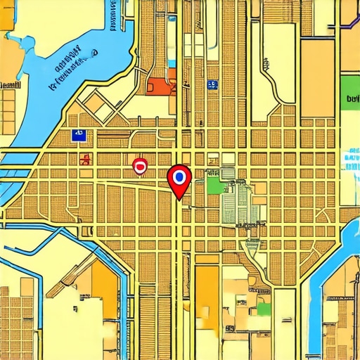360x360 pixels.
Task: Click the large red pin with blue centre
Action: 179,176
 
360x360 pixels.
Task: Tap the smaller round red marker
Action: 140,166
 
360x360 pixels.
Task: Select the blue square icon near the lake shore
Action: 78,135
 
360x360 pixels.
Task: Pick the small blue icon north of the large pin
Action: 212,84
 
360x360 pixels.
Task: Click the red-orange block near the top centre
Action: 160,86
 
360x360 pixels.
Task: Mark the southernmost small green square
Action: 264,309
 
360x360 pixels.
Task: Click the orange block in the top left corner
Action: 7,14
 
